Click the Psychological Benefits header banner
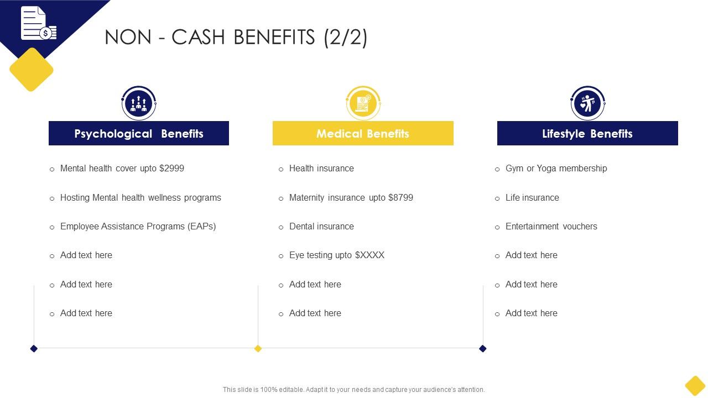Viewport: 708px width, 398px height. click(x=139, y=133)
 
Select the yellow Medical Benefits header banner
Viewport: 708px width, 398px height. click(x=363, y=133)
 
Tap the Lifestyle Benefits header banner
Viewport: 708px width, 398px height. click(x=587, y=133)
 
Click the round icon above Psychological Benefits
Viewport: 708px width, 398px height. click(x=139, y=103)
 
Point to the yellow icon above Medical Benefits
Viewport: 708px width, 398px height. click(x=363, y=103)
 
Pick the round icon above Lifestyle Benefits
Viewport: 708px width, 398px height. click(x=587, y=103)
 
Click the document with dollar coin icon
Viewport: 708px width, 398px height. click(x=39, y=23)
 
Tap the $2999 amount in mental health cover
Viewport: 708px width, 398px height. click(x=171, y=169)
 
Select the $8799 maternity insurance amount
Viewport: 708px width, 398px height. click(x=400, y=198)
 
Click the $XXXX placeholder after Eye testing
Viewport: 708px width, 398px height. click(x=369, y=255)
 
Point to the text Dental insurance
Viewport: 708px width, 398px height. click(x=321, y=227)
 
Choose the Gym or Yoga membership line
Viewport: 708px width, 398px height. click(x=556, y=169)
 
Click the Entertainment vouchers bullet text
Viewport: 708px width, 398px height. click(x=551, y=227)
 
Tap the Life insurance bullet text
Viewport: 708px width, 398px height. click(x=532, y=198)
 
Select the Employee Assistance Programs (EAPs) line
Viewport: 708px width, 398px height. click(x=138, y=227)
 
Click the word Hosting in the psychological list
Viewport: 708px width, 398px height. click(x=75, y=198)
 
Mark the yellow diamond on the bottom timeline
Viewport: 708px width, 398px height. click(x=258, y=348)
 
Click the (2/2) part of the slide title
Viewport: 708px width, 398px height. click(x=346, y=37)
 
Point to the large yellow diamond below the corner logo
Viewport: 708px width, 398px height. click(x=32, y=70)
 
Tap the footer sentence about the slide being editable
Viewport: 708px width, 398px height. click(x=353, y=390)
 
